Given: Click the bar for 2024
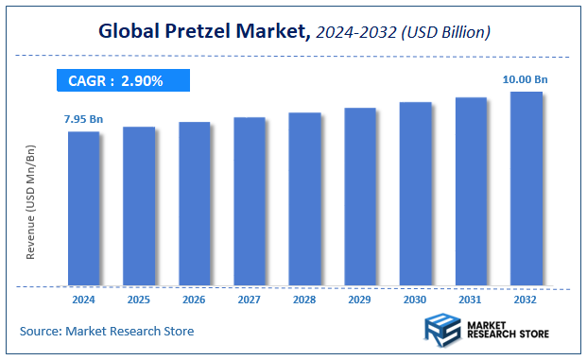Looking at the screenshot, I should click(83, 208).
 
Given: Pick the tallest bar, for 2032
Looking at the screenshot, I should click(527, 188).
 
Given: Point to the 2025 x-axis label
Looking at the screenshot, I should click(139, 300).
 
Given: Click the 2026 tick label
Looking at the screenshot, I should click(195, 300).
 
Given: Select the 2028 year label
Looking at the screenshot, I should click(305, 300).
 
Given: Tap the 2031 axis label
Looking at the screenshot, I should click(471, 300).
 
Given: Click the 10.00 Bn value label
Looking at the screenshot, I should click(525, 80).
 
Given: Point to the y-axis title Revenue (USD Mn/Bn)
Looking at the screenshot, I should click(30, 203).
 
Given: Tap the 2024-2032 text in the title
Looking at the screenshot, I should click(355, 33).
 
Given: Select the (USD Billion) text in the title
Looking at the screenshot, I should click(444, 33).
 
